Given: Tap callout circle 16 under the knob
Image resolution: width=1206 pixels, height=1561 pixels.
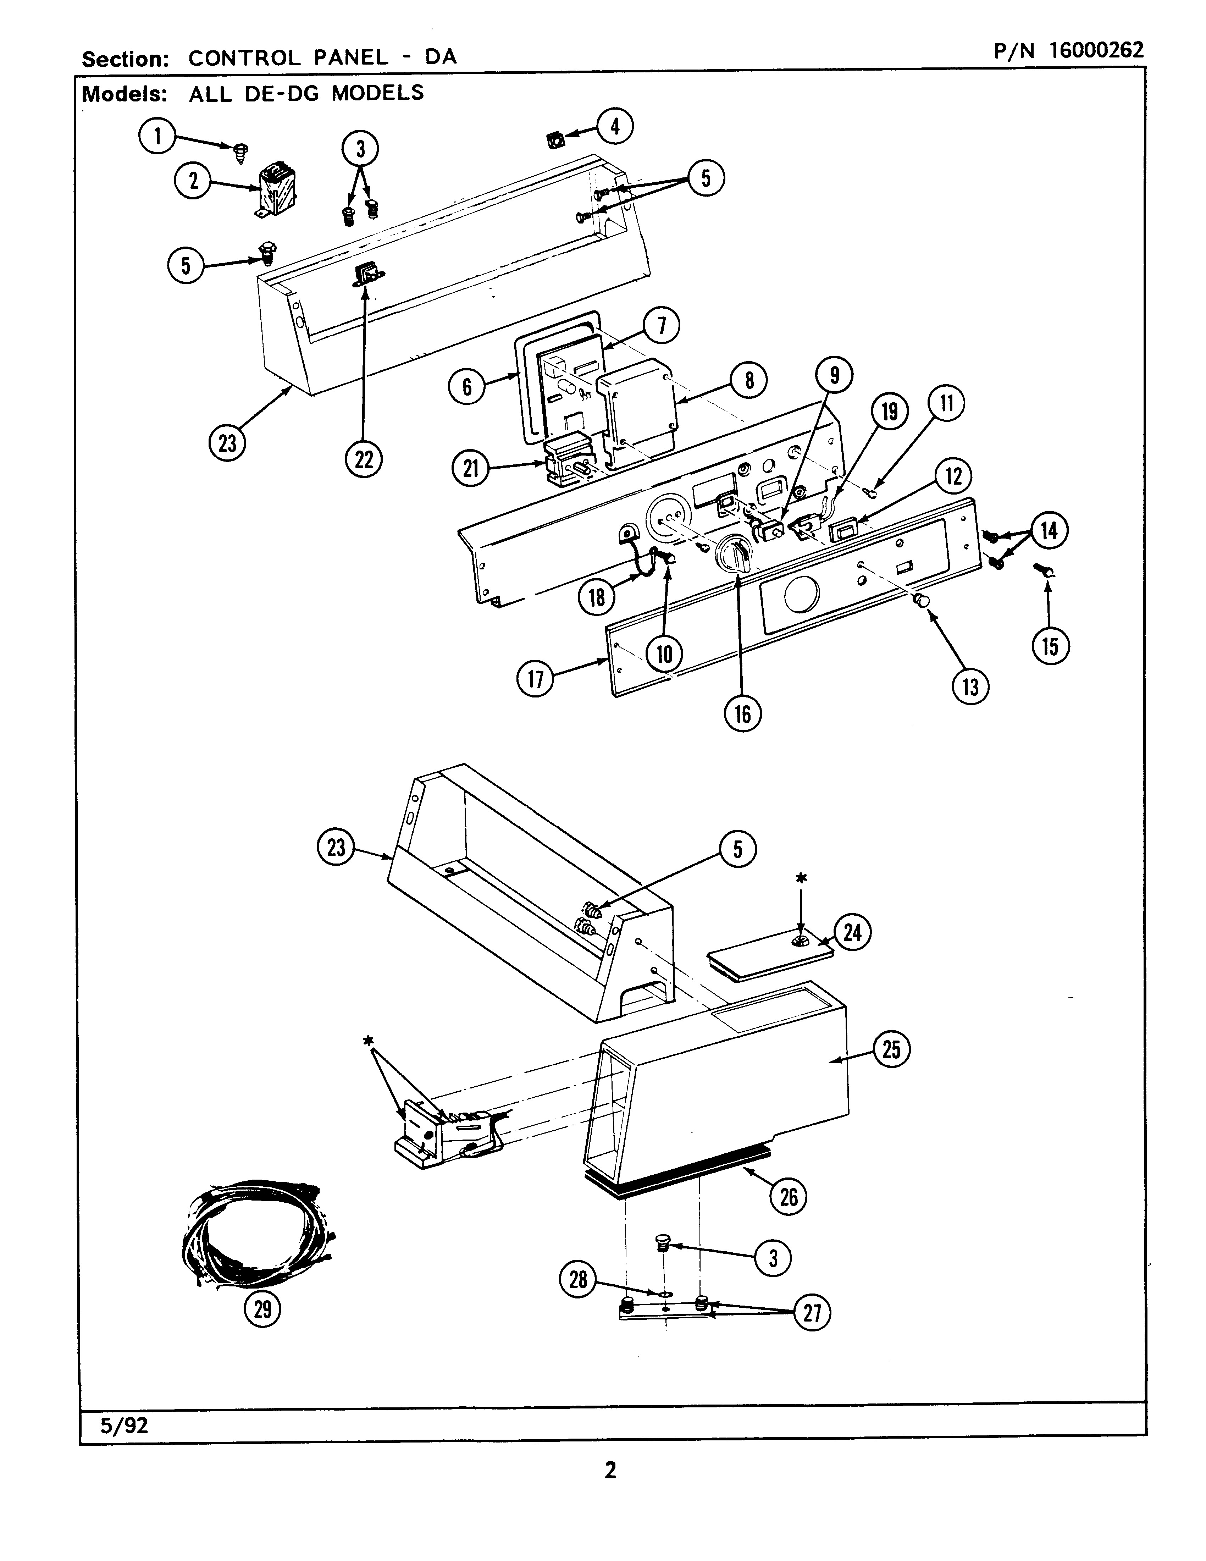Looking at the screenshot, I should click(743, 713).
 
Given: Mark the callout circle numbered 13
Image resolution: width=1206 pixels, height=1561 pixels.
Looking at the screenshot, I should click(970, 687).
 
